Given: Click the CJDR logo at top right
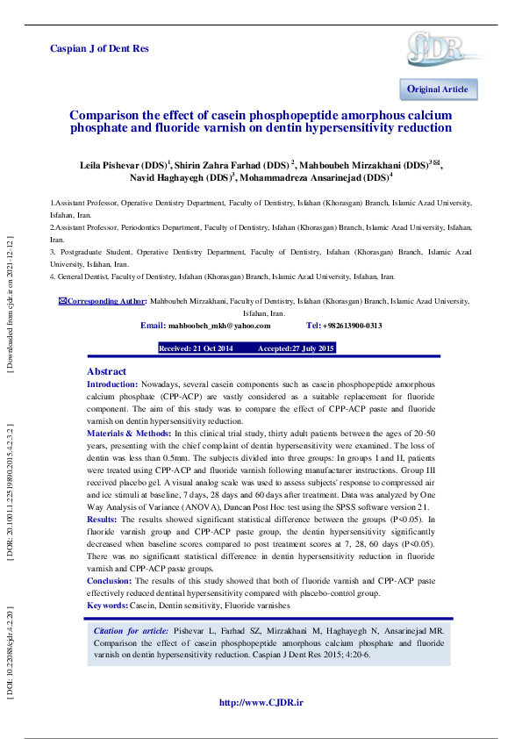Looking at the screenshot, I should click(437, 47).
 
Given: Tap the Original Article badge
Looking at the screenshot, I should click(438, 90).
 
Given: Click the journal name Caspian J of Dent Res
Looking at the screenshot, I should click(99, 48).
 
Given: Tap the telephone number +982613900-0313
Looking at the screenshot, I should click(352, 326).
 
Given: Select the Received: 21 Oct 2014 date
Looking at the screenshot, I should click(196, 348).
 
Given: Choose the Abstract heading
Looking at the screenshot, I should click(106, 372).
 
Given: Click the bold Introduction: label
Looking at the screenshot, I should click(112, 384).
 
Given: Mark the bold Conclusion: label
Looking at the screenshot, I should click(110, 581).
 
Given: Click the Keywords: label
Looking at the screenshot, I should click(107, 606).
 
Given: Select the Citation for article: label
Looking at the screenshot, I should click(133, 631).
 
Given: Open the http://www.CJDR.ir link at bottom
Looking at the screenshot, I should click(261, 702).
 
